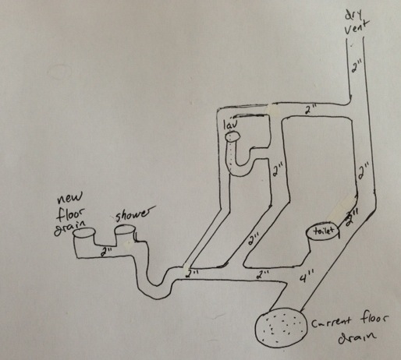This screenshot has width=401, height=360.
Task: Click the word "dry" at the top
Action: pyautogui.click(x=353, y=16)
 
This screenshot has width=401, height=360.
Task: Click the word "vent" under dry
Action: pyautogui.click(x=357, y=27)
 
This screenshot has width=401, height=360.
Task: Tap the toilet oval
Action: pyautogui.click(x=323, y=231)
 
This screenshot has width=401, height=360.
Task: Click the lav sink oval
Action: pyautogui.click(x=233, y=136)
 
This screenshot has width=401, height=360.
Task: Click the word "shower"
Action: pyautogui.click(x=133, y=214)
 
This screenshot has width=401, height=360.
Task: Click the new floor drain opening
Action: pyautogui.click(x=83, y=232)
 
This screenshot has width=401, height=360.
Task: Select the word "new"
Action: pyautogui.click(x=69, y=199)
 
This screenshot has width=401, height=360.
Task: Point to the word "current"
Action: pyautogui.click(x=332, y=323)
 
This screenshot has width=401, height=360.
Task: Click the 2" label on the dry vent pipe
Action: pyautogui.click(x=356, y=67)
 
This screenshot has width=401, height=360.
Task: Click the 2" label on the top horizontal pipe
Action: pyautogui.click(x=310, y=110)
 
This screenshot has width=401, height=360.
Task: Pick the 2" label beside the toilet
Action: pyautogui.click(x=353, y=217)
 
